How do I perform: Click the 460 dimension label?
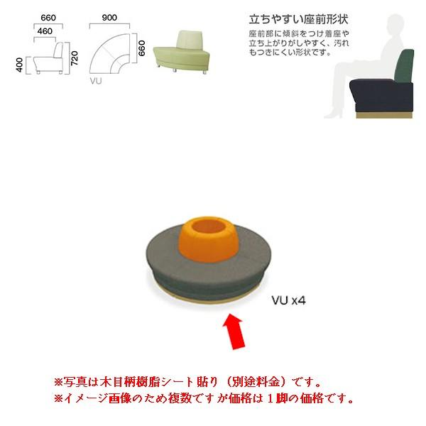point(44,31)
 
